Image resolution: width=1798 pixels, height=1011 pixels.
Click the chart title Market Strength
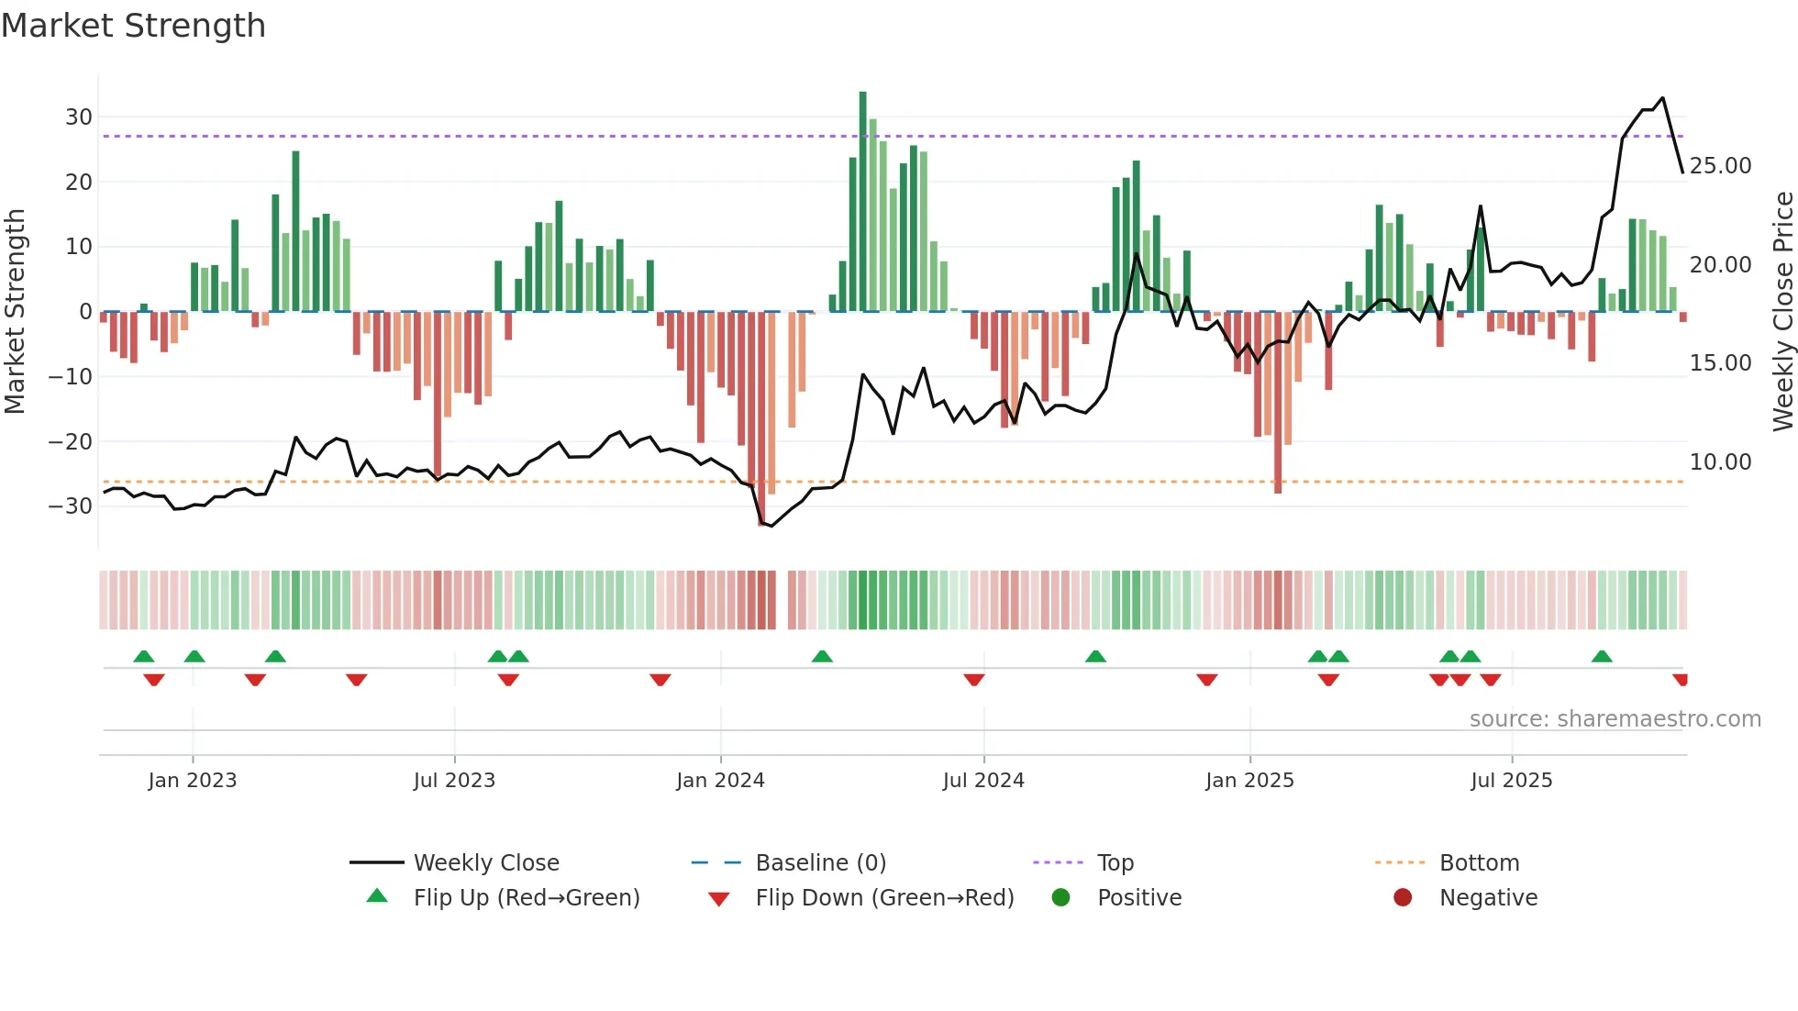coord(133,26)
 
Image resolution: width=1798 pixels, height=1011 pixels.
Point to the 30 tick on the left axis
coord(79,117)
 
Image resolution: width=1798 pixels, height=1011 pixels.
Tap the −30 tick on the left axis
coord(72,506)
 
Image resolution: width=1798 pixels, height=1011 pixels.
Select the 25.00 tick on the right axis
coord(1720,166)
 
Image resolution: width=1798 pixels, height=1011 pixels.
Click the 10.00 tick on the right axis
coord(1720,462)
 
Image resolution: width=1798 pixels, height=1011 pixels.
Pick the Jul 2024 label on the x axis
coord(983,781)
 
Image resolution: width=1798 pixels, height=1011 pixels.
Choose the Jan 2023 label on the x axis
coord(193,781)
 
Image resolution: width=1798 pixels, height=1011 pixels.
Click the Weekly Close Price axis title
coord(1782,312)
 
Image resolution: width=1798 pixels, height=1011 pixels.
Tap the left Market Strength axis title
coord(15,312)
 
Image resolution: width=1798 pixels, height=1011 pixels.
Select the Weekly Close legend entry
coord(486,863)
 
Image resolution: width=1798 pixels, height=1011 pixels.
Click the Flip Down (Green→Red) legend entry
coord(884,898)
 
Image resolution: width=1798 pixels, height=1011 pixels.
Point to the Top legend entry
coord(1115,863)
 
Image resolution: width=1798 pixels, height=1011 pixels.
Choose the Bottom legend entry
coord(1479,863)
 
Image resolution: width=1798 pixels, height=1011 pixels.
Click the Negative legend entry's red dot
coord(1403,898)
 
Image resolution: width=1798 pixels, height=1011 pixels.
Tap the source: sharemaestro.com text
coord(1615,719)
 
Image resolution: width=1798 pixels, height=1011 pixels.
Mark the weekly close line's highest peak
coord(1662,98)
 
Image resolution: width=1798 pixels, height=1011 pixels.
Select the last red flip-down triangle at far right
coord(1680,680)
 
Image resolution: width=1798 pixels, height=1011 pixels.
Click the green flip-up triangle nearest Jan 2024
coord(822,656)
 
